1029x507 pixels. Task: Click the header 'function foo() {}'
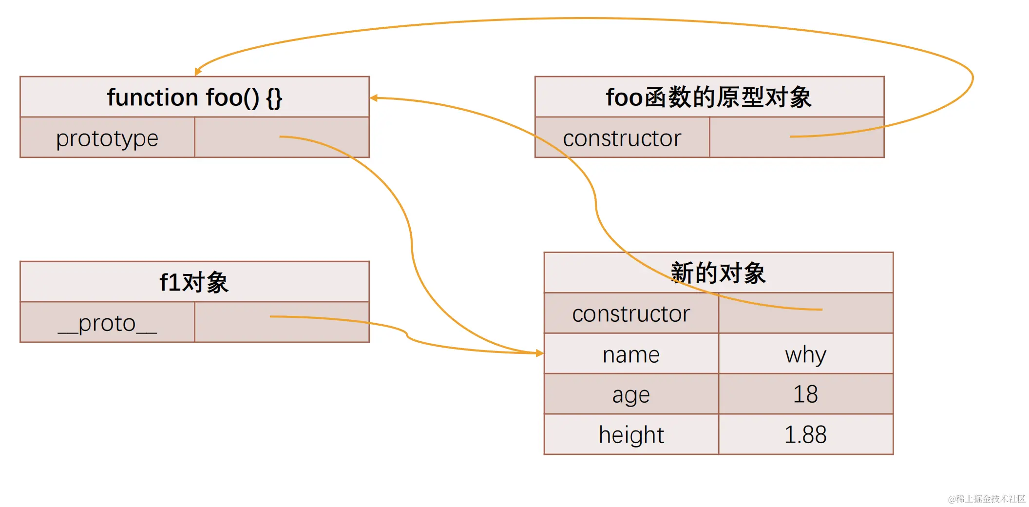[194, 97]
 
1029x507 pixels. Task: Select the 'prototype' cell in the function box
[107, 138]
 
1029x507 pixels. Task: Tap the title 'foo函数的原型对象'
[709, 97]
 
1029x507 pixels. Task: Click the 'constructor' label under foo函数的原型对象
[622, 138]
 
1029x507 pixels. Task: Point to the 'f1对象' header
[194, 282]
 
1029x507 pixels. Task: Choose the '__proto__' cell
[107, 323]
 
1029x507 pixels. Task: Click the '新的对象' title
[718, 273]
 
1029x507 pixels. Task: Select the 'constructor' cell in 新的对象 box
[631, 313]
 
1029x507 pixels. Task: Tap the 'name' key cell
[631, 354]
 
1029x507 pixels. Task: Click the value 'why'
[805, 354]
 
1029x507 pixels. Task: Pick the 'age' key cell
[631, 394]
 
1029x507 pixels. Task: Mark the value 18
[805, 394]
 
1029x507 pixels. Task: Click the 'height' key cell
[631, 435]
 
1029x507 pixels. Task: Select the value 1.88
[805, 435]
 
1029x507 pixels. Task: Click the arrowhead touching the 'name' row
[539, 353]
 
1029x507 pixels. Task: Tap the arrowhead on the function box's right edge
[374, 98]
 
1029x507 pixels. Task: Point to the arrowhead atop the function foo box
[197, 72]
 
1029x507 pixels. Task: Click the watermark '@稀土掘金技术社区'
[987, 499]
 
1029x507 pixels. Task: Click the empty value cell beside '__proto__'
[282, 323]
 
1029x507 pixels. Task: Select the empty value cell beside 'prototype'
[282, 138]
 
